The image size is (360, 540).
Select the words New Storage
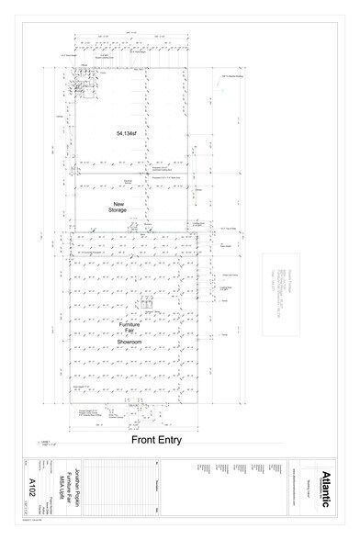pos(118,207)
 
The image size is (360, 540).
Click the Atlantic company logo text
pos(328,486)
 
